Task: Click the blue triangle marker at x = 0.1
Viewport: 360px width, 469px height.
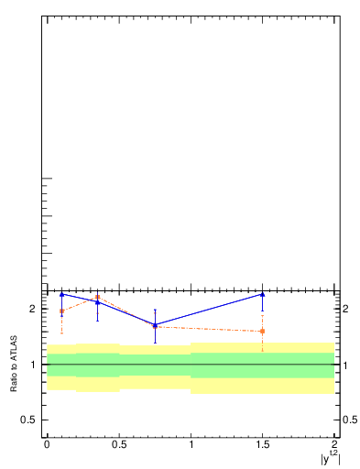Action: (x=61, y=294)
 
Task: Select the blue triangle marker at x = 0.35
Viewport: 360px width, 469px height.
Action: (x=97, y=302)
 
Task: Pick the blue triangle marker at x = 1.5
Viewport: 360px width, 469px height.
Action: (x=263, y=294)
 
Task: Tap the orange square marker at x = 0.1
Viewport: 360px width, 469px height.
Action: (x=61, y=311)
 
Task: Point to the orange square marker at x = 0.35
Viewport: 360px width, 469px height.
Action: (x=97, y=297)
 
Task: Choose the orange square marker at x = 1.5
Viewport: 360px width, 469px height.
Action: (x=263, y=331)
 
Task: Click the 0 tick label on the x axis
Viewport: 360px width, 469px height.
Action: (x=47, y=445)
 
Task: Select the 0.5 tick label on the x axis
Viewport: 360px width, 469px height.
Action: (x=119, y=445)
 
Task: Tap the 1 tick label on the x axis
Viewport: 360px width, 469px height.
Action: (x=191, y=445)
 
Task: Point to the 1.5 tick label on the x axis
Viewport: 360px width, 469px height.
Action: (x=263, y=445)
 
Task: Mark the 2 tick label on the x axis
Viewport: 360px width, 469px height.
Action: (x=335, y=445)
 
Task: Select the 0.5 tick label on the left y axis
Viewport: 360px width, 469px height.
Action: (x=28, y=420)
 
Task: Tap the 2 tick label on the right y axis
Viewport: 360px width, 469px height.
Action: (x=344, y=309)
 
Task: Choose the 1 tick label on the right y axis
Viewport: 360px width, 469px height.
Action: (x=344, y=365)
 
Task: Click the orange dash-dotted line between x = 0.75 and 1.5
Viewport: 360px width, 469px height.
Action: (x=209, y=328)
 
